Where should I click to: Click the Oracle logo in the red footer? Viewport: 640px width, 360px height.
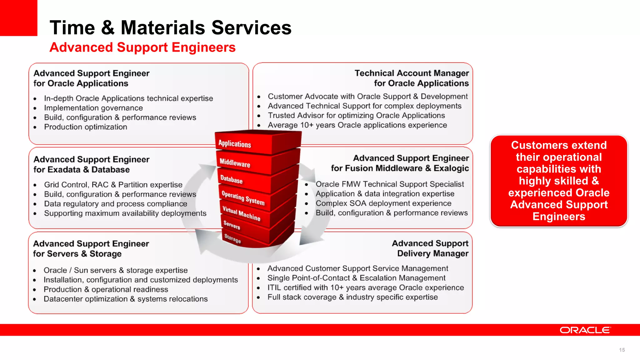[585, 330]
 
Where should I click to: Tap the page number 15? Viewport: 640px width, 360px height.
[622, 350]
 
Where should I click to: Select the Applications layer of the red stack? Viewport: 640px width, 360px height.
[235, 144]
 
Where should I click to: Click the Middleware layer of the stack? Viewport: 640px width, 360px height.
[235, 163]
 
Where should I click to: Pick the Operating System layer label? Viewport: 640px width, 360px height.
[243, 198]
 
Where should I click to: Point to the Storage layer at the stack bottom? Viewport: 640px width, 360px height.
[232, 238]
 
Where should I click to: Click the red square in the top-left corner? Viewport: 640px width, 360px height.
[18, 18]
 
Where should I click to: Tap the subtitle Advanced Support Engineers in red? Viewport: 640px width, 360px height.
[142, 47]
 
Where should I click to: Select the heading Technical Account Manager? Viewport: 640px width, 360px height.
[412, 73]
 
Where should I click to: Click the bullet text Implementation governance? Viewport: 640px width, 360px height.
[93, 108]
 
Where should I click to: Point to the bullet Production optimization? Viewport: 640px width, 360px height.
[85, 127]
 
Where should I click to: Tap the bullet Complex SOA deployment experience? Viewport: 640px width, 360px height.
[383, 203]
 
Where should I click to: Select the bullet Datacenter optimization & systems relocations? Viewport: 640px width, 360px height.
[125, 299]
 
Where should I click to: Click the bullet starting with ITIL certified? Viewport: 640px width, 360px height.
[365, 288]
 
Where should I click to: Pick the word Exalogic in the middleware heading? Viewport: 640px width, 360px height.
[451, 168]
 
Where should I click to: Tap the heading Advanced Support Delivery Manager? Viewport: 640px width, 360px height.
[430, 248]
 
